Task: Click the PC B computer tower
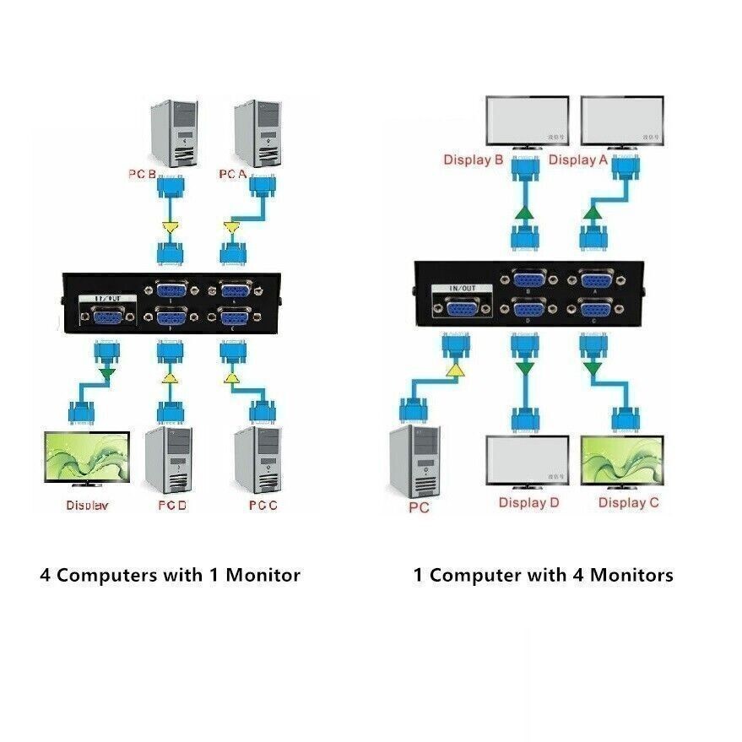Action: click(x=175, y=133)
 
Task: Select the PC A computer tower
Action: click(x=257, y=133)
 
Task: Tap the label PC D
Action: click(x=173, y=506)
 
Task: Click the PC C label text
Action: click(x=263, y=506)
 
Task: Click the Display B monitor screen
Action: click(x=528, y=120)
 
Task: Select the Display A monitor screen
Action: click(x=623, y=120)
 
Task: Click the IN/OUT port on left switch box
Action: click(x=106, y=317)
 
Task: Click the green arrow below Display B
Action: click(x=524, y=214)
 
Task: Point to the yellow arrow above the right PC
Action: click(x=455, y=369)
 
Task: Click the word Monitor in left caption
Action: click(x=262, y=576)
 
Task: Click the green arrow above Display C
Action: click(x=593, y=368)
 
